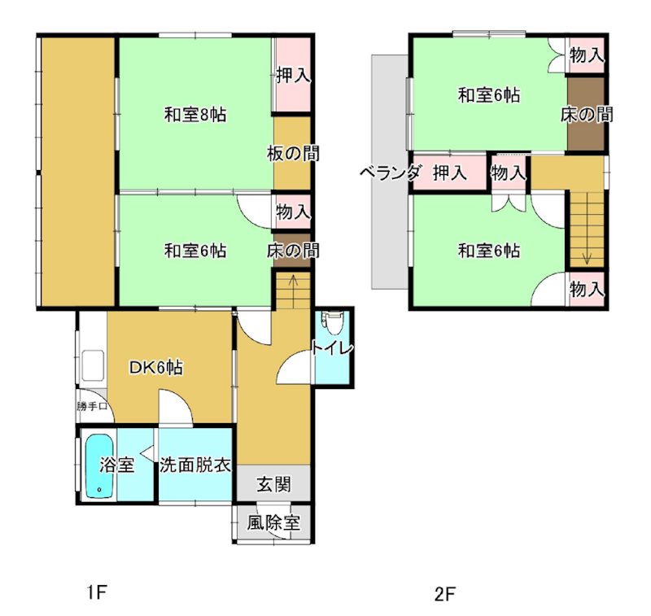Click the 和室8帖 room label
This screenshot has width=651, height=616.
[x=194, y=116]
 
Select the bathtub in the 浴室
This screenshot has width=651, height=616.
[x=98, y=465]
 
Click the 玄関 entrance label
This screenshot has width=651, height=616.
[x=273, y=485]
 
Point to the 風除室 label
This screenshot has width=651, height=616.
[x=273, y=523]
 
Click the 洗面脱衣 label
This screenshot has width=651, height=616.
[x=195, y=466]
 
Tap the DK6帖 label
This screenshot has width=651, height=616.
[x=155, y=368]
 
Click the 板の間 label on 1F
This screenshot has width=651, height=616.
[x=292, y=153]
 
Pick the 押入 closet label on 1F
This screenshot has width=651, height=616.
[x=292, y=76]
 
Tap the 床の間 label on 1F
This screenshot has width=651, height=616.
[x=292, y=251]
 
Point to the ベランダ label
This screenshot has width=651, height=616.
[x=390, y=173]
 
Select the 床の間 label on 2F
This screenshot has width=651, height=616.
[x=587, y=115]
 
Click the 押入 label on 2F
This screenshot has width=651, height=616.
[x=448, y=173]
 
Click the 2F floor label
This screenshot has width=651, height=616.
[x=443, y=593]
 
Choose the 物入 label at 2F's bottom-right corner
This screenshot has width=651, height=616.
[x=586, y=289]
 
